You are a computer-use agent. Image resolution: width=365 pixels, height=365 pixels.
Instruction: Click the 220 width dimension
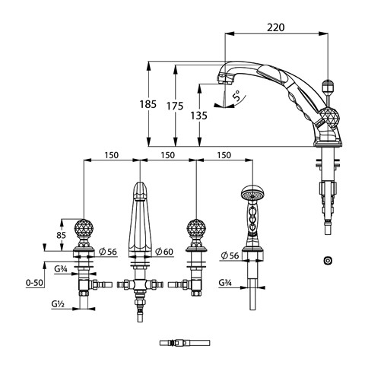pos(275,27)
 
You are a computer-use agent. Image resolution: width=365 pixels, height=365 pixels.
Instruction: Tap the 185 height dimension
pos(148,104)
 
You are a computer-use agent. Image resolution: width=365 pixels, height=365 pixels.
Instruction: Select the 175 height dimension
pos(175,106)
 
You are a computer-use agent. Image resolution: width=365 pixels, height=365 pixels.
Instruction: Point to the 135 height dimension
pos(199,116)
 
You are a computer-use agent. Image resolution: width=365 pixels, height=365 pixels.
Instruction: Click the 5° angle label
pos(237,97)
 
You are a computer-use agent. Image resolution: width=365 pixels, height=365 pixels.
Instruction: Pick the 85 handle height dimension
pos(61,235)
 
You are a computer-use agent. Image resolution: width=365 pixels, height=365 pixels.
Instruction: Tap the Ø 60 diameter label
pos(164,252)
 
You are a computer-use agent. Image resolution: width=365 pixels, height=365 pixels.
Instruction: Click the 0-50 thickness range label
pos(34,282)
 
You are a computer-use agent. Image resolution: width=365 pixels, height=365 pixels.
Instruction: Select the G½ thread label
pos(58,303)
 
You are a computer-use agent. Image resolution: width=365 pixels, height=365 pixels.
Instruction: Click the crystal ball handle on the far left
pos(84,228)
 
